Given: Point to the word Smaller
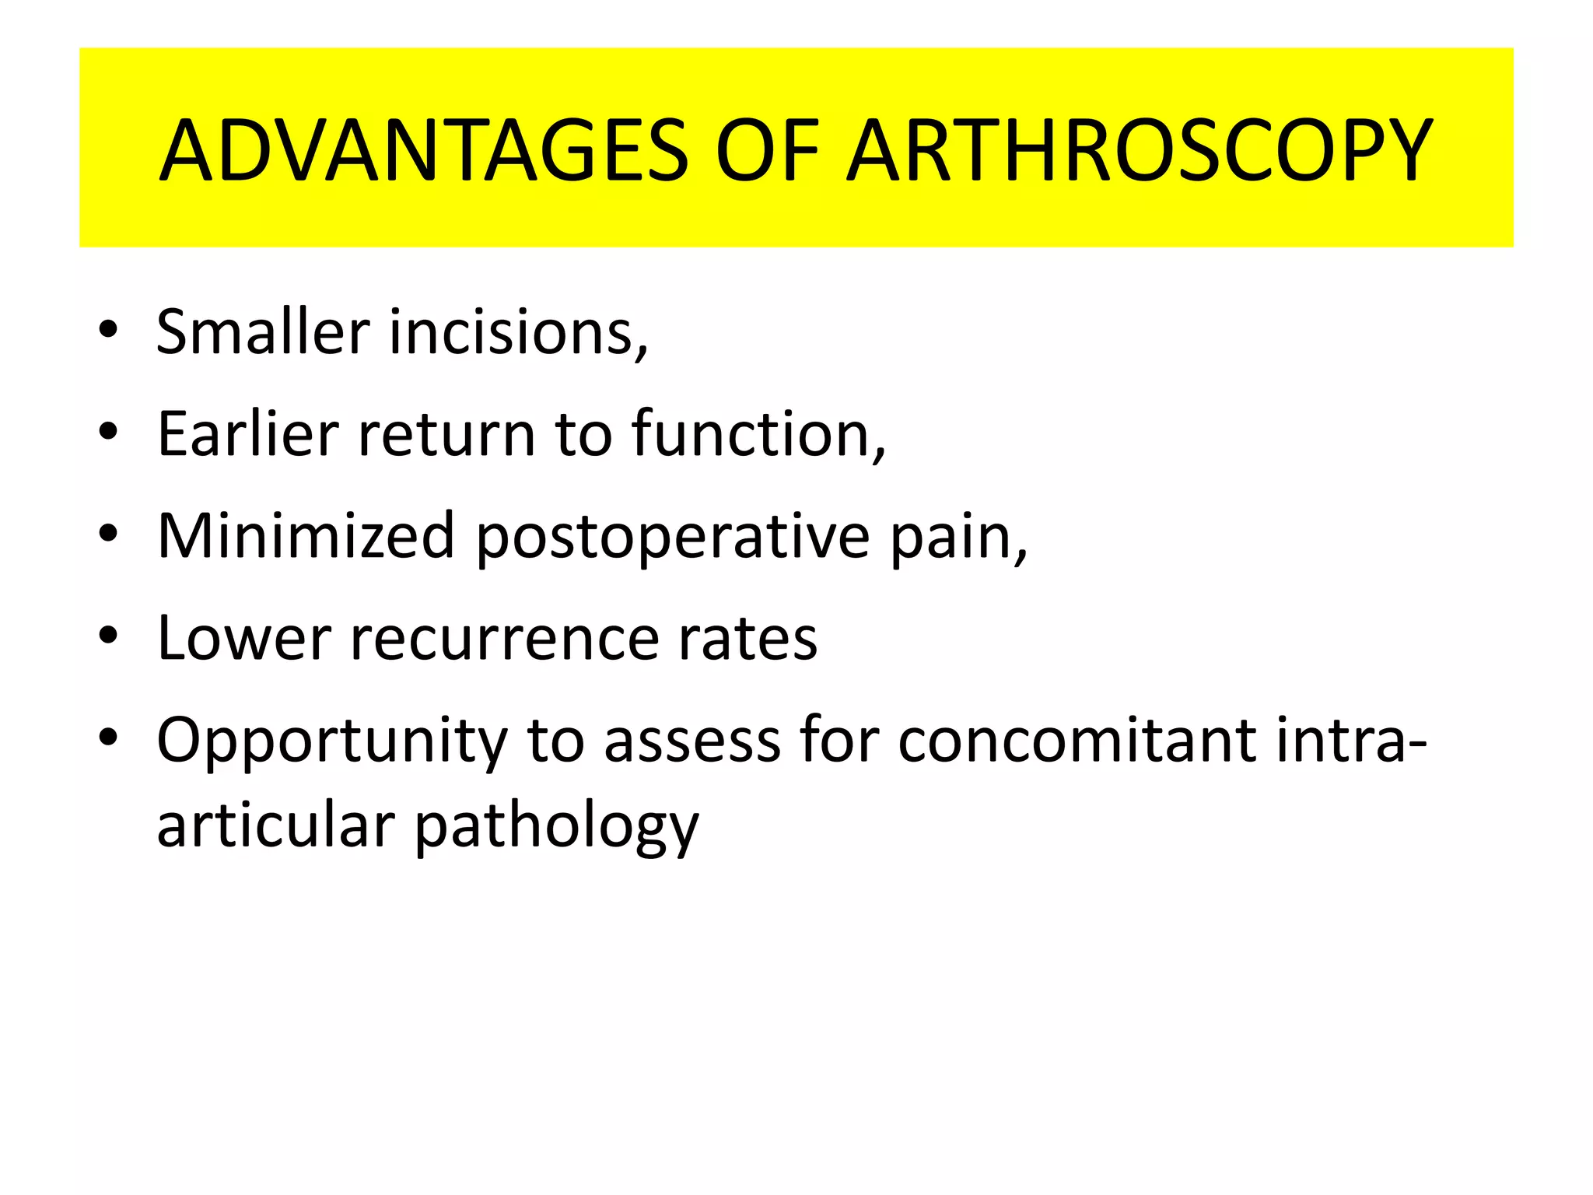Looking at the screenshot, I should click(263, 332).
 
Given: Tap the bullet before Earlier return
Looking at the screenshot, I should click(108, 431).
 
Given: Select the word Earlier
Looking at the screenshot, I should click(248, 434).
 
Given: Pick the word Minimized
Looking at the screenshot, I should click(306, 536).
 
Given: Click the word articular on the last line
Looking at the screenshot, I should click(276, 825).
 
